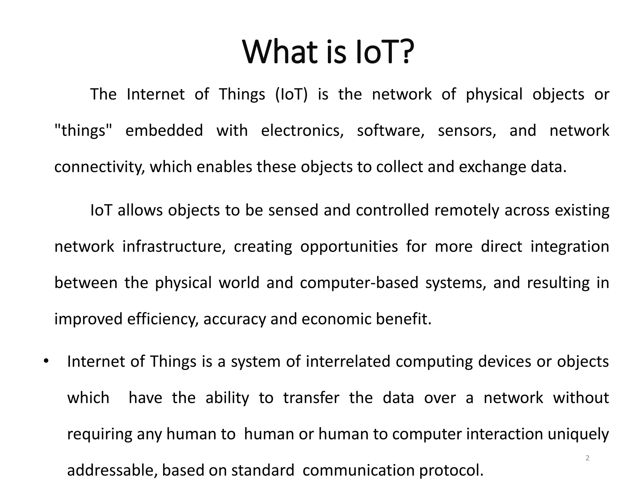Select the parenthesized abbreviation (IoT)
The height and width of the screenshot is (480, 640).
click(x=291, y=94)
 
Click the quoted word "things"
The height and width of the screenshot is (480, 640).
click(x=83, y=131)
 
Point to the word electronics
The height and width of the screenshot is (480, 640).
click(x=302, y=131)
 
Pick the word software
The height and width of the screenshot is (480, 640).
click(x=391, y=131)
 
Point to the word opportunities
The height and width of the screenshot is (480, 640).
click(x=349, y=247)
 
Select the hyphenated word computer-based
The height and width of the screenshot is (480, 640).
click(x=359, y=283)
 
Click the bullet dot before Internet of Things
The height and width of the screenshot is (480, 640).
click(x=46, y=361)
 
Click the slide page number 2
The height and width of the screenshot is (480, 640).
click(x=587, y=458)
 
